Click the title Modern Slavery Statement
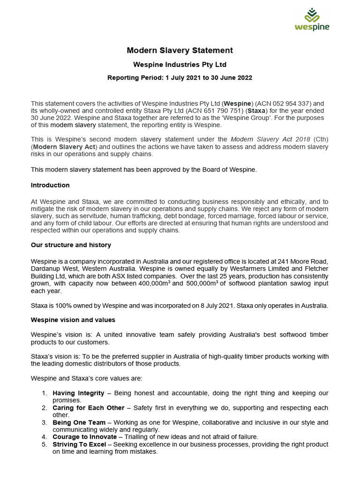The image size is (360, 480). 180,51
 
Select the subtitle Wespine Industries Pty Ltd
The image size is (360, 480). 180,65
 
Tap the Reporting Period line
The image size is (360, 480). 180,78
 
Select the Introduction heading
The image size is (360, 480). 50,185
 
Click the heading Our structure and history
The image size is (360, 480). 71,245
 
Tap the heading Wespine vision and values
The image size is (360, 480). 73,320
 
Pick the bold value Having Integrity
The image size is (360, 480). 78,393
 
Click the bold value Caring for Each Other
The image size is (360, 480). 89,408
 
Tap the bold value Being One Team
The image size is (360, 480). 79,422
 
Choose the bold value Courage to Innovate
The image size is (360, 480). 84,437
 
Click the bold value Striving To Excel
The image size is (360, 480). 79,444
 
